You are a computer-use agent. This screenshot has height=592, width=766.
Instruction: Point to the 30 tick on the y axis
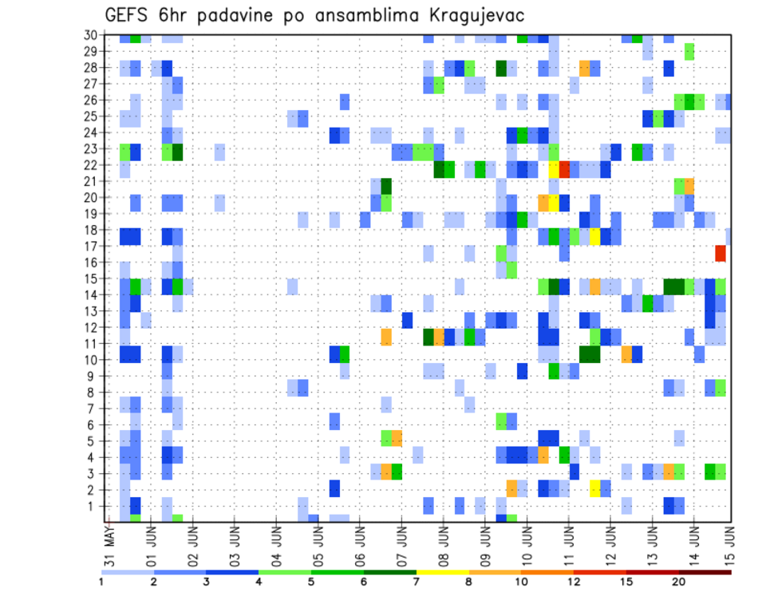tap(90, 35)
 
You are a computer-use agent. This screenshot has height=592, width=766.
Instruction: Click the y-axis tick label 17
tap(90, 246)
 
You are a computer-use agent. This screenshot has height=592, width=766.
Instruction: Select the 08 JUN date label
tap(444, 542)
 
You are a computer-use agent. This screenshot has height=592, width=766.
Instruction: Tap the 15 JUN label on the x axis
tap(728, 542)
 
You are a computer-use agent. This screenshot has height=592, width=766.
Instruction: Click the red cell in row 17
tap(721, 253)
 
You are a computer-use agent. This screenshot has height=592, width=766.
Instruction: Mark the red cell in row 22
tap(564, 169)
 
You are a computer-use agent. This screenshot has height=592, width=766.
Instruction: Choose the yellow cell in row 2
tap(595, 488)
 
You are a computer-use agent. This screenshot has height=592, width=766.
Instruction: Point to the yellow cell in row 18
tap(595, 236)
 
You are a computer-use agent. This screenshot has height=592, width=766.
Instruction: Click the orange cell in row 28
tap(585, 69)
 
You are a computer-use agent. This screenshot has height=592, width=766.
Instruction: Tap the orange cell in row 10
tap(626, 353)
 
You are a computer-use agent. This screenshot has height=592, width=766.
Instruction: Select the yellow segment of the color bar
tap(442, 572)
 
